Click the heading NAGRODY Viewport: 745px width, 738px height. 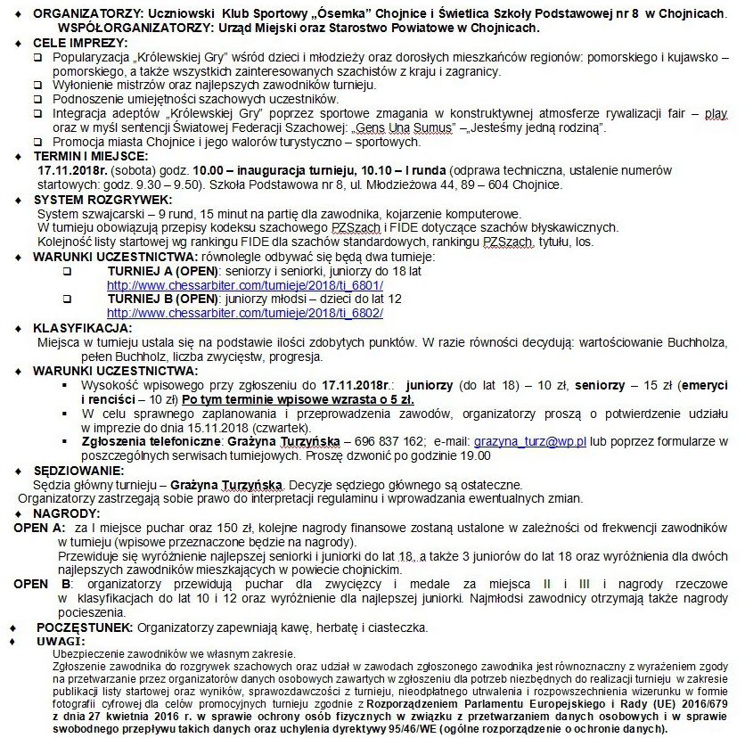point(63,513)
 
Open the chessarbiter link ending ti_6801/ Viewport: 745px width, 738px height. point(245,285)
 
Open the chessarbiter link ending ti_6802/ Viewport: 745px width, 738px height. point(245,314)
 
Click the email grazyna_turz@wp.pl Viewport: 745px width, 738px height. point(529,440)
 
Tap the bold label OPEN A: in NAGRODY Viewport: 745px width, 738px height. point(39,528)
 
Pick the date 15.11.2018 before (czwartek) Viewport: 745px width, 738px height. point(259,427)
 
